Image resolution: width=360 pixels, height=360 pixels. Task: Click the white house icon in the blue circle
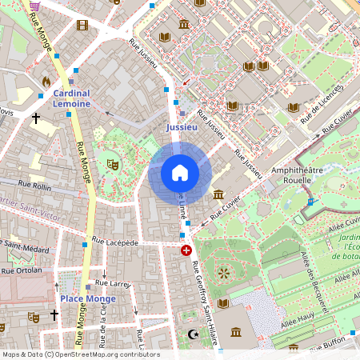[179, 173]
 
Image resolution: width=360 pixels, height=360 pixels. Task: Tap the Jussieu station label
[181, 127]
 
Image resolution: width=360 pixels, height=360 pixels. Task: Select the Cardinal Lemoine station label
[72, 98]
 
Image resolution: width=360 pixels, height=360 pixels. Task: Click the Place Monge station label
[88, 299]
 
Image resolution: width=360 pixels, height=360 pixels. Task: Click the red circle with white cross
[187, 250]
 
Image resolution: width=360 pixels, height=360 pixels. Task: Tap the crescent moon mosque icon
[191, 334]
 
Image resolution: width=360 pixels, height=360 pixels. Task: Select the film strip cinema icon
[82, 25]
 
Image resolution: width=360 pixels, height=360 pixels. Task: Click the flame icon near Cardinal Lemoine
[46, 82]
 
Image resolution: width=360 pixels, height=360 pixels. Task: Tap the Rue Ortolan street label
[21, 270]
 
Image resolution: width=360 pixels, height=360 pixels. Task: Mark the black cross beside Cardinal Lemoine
[35, 118]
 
